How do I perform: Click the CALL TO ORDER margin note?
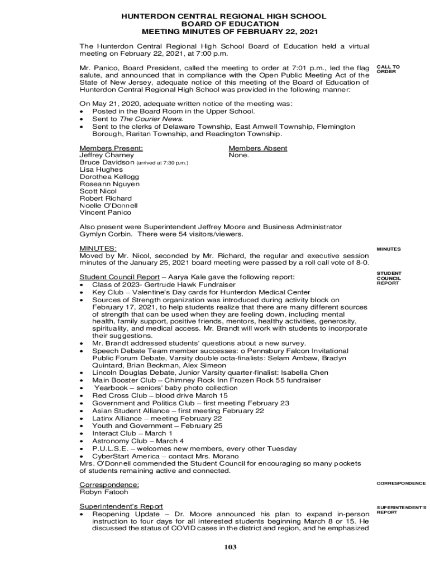point(388,69)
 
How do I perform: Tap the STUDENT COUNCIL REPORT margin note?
point(389,278)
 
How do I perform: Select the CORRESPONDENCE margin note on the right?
point(401,483)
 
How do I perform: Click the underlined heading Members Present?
point(111,148)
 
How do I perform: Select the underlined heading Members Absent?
point(258,148)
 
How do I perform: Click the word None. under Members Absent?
point(239,156)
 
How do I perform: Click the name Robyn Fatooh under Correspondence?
point(104,492)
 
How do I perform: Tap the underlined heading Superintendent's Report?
point(121,506)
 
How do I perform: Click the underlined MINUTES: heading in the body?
point(98,248)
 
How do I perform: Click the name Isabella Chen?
point(308,372)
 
